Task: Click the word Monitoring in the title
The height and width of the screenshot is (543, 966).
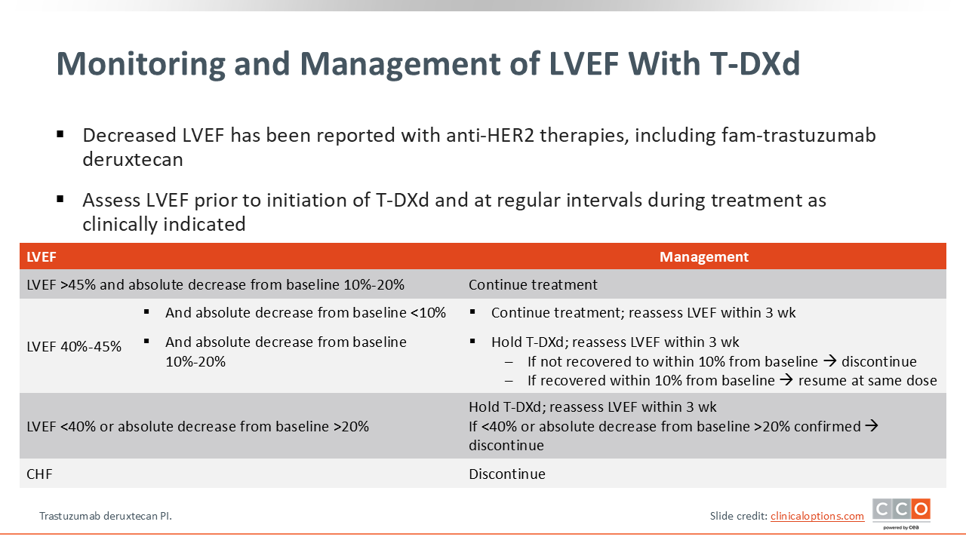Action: click(x=140, y=64)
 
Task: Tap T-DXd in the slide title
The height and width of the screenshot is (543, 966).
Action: click(x=755, y=63)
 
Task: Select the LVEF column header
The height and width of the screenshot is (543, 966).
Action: click(x=42, y=257)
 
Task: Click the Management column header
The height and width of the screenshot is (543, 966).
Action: click(x=704, y=257)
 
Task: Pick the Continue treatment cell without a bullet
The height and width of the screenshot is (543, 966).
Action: click(x=533, y=284)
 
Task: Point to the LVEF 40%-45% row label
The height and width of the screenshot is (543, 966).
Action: click(x=74, y=346)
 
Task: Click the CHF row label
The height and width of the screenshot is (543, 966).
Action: click(x=39, y=474)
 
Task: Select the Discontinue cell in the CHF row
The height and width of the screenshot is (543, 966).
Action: click(x=507, y=474)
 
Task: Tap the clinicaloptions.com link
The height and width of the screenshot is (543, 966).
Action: click(x=817, y=516)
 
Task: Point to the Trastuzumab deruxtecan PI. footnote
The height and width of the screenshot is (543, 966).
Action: click(x=106, y=516)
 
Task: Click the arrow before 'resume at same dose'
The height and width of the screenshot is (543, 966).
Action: click(x=786, y=379)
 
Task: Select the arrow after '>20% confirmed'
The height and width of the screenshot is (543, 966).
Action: click(x=872, y=425)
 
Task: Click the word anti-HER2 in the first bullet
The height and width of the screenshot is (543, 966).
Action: click(x=491, y=135)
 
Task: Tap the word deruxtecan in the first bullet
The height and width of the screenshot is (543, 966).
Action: click(x=133, y=159)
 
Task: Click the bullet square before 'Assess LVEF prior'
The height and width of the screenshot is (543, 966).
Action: click(x=60, y=199)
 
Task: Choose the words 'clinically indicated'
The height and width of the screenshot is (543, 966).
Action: click(x=164, y=224)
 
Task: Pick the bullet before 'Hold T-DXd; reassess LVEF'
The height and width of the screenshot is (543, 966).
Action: click(x=472, y=342)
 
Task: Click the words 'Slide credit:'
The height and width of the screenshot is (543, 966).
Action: click(x=739, y=516)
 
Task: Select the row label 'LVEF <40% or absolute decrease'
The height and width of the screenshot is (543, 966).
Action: click(x=198, y=426)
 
